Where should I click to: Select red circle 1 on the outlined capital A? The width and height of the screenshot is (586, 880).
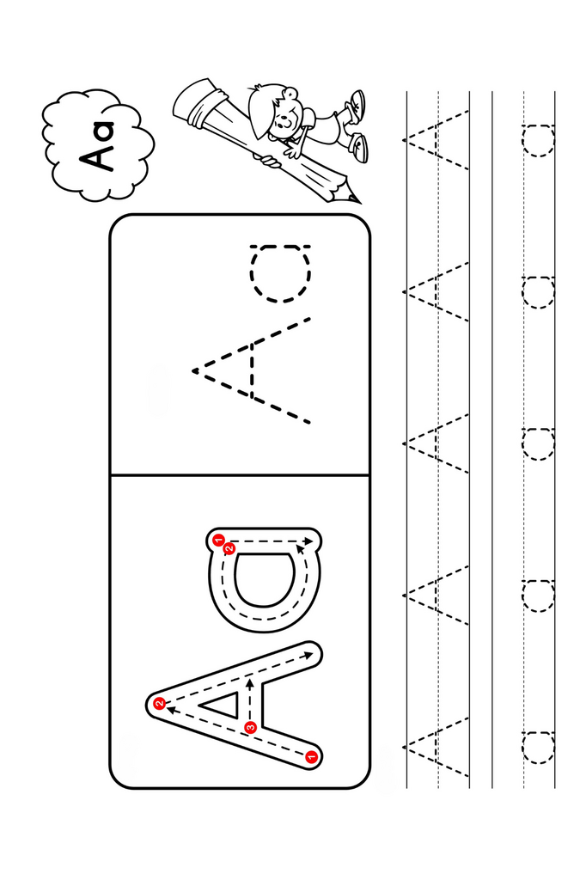pyautogui.click(x=312, y=756)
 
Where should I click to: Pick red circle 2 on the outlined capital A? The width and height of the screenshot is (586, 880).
pyautogui.click(x=160, y=703)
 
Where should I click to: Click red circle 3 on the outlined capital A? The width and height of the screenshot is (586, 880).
pyautogui.click(x=250, y=727)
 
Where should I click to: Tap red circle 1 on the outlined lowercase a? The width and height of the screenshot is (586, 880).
pyautogui.click(x=217, y=541)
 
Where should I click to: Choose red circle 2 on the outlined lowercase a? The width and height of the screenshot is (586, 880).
pyautogui.click(x=229, y=548)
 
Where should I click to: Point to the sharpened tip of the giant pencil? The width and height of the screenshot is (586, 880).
pyautogui.click(x=358, y=201)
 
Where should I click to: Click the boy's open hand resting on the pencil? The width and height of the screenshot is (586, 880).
pyautogui.click(x=292, y=150)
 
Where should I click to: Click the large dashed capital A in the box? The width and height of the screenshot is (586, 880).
pyautogui.click(x=252, y=371)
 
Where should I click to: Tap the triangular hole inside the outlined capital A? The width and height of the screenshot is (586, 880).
pyautogui.click(x=223, y=704)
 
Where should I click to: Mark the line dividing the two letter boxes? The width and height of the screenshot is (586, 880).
pyautogui.click(x=240, y=476)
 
